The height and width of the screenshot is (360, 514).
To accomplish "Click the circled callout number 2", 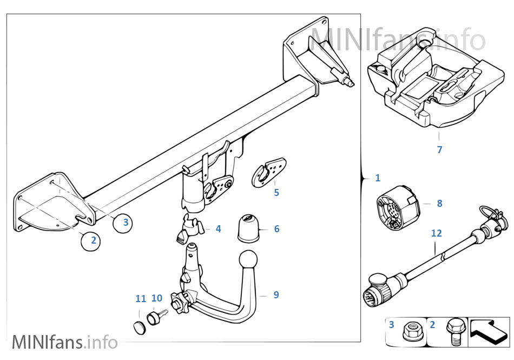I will coord(94,240).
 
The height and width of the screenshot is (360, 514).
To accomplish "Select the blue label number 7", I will coord(439,150).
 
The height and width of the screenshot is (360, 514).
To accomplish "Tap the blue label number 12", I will coord(436,233).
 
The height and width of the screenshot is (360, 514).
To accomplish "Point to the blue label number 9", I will coord(276,295).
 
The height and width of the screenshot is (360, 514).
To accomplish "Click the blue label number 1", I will coord(377,178).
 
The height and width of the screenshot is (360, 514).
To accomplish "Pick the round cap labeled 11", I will coord(140,326).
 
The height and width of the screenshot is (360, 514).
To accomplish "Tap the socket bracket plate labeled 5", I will coord(268,172).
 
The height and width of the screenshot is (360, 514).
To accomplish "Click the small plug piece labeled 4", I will coord(187,230).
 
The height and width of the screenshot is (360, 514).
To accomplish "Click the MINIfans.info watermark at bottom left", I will coord(64,343).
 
